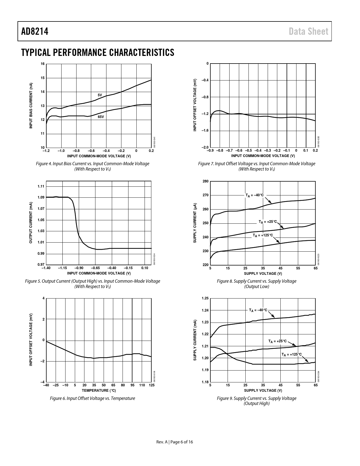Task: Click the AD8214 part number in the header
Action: click(35, 31)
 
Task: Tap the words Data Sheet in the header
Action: click(309, 31)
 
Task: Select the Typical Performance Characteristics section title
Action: click(98, 53)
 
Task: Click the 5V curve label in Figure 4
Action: click(100, 95)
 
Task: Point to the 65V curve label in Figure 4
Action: click(101, 116)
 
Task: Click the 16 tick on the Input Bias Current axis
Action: click(42, 64)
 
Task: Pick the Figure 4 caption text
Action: click(93, 166)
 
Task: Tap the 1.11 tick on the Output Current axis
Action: click(41, 186)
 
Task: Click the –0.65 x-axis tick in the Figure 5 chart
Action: click(95, 268)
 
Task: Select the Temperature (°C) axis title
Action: click(99, 390)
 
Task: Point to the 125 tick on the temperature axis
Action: click(152, 385)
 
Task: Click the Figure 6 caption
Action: click(93, 398)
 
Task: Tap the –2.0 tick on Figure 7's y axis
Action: click(205, 147)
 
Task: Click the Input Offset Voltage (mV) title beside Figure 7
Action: click(195, 105)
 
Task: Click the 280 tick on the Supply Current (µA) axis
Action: click(206, 181)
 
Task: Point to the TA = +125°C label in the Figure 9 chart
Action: click(292, 354)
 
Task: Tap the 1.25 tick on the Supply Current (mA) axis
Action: click(205, 298)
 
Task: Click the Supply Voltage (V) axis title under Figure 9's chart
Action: click(263, 390)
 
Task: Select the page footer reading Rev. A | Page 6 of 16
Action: click(175, 442)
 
